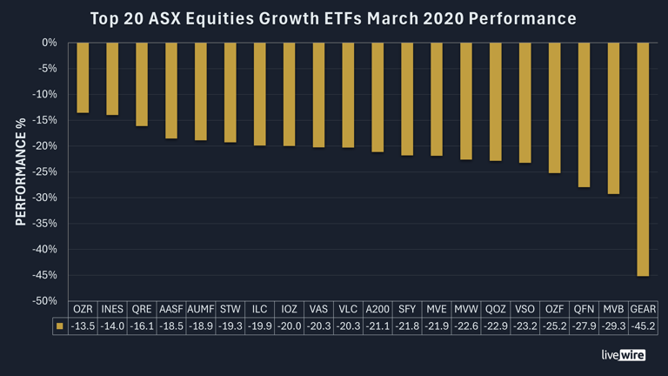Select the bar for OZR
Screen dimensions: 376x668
point(83,77)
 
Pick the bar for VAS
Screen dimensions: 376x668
point(318,95)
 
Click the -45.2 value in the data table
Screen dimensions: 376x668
point(643,326)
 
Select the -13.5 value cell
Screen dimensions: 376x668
point(83,326)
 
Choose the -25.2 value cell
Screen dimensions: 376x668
point(554,326)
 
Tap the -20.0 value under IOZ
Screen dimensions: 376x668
point(289,326)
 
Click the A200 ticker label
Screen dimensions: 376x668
point(377,309)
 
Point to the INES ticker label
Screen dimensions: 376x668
point(112,309)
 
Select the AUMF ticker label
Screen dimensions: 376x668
point(201,309)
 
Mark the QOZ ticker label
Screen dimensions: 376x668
point(496,309)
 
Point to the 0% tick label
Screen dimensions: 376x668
point(50,43)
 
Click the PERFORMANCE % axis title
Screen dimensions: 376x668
point(21,171)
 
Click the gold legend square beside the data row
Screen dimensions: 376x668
point(59,326)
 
